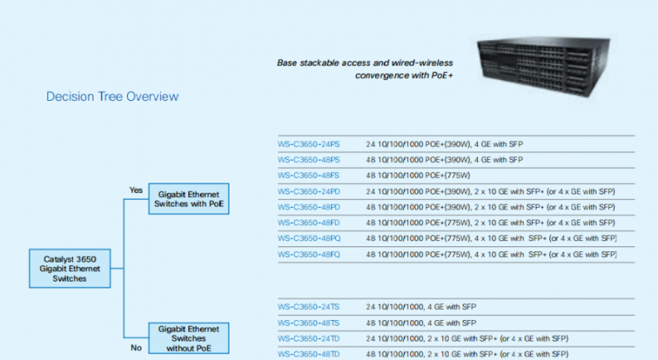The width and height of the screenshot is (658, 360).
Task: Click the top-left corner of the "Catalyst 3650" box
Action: (x=30, y=249)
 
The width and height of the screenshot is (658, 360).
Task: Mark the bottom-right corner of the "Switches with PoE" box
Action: (x=229, y=214)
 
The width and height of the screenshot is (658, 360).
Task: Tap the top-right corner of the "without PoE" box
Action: (x=229, y=322)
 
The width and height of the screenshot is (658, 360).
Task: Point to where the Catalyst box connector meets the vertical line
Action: (x=124, y=268)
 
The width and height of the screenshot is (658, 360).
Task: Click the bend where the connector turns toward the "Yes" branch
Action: (x=124, y=199)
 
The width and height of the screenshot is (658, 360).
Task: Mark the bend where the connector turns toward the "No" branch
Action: (x=124, y=338)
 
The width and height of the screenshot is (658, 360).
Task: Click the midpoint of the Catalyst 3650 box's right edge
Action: (x=111, y=269)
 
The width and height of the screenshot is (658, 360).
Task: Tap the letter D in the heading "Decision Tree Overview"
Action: (x=50, y=97)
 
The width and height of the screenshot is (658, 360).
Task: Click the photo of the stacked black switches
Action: (x=544, y=66)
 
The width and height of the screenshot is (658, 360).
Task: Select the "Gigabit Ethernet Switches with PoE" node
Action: (x=189, y=198)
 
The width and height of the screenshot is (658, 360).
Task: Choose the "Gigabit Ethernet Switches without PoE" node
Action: (x=189, y=338)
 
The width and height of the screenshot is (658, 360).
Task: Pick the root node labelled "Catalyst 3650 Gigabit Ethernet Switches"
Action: (x=70, y=269)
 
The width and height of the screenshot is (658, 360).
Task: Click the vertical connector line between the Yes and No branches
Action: (x=124, y=269)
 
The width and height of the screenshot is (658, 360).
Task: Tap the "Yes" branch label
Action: (x=136, y=190)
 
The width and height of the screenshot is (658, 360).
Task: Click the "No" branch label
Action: (x=136, y=348)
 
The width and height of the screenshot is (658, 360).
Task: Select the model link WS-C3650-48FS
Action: (x=309, y=175)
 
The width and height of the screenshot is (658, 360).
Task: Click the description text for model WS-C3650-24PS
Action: (x=445, y=144)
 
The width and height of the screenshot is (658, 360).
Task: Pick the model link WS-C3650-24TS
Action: (x=309, y=307)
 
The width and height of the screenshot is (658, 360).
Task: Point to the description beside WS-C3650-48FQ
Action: (x=492, y=254)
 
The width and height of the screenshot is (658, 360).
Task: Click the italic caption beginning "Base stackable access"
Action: (x=365, y=69)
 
